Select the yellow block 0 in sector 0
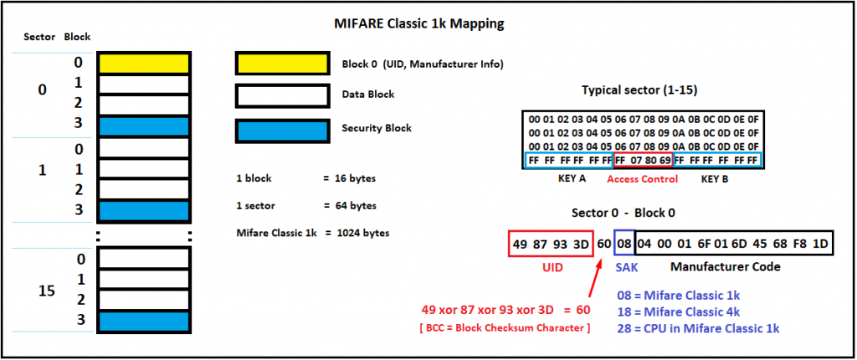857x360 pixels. pyautogui.click(x=144, y=63)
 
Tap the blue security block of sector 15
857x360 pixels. pyautogui.click(x=144, y=321)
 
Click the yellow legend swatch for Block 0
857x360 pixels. pyautogui.click(x=282, y=64)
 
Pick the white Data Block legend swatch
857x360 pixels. pyautogui.click(x=282, y=95)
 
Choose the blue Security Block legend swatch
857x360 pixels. pyautogui.click(x=282, y=129)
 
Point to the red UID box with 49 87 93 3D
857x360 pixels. pyautogui.click(x=550, y=244)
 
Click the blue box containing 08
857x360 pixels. pyautogui.click(x=624, y=244)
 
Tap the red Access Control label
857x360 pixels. pyautogui.click(x=642, y=179)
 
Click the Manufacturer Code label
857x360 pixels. pyautogui.click(x=726, y=267)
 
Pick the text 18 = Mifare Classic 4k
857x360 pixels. pyautogui.click(x=679, y=311)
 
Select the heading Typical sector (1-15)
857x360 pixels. pyautogui.click(x=639, y=90)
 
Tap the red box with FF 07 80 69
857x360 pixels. pyautogui.click(x=642, y=159)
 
